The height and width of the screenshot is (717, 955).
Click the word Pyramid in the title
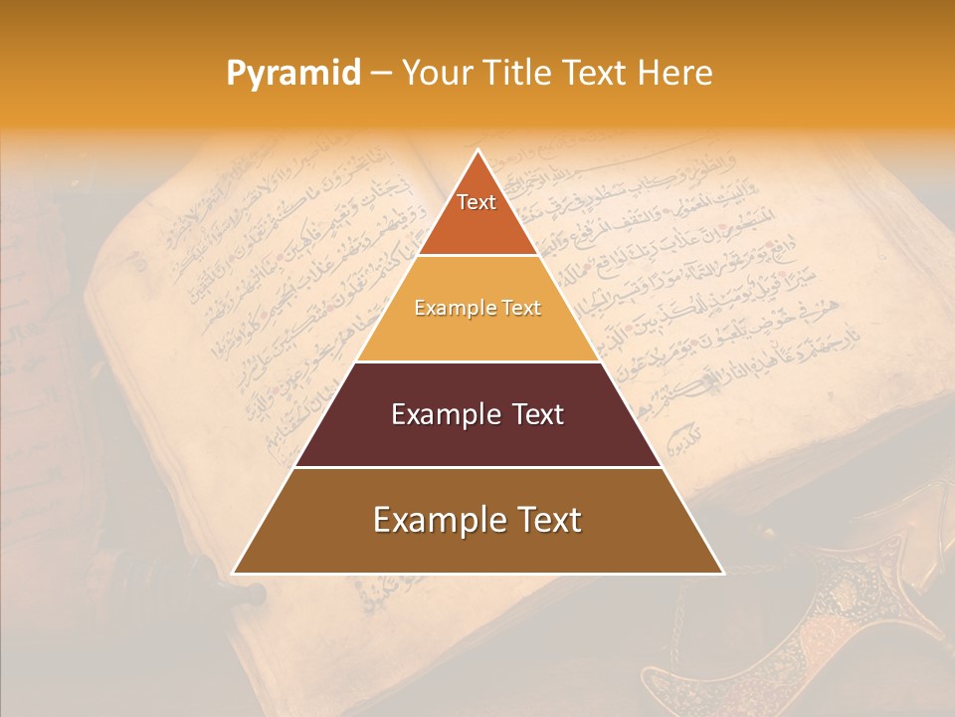pos(292,74)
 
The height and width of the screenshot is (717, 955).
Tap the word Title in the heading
pos(519,73)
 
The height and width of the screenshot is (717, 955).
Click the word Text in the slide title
pos(597,73)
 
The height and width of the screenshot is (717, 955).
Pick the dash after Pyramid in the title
pos(381,74)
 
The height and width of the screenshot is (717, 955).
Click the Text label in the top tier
pos(477,202)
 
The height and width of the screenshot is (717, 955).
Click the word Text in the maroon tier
pos(538,414)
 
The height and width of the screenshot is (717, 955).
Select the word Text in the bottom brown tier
pos(548,520)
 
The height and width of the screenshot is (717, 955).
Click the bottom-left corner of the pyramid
pos(234,574)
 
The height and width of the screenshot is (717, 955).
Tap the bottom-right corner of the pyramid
pos(723,574)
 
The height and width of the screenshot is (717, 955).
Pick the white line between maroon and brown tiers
pos(478,467)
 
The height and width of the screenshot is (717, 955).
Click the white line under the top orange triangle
pos(478,255)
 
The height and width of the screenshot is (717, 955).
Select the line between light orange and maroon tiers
pos(478,361)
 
